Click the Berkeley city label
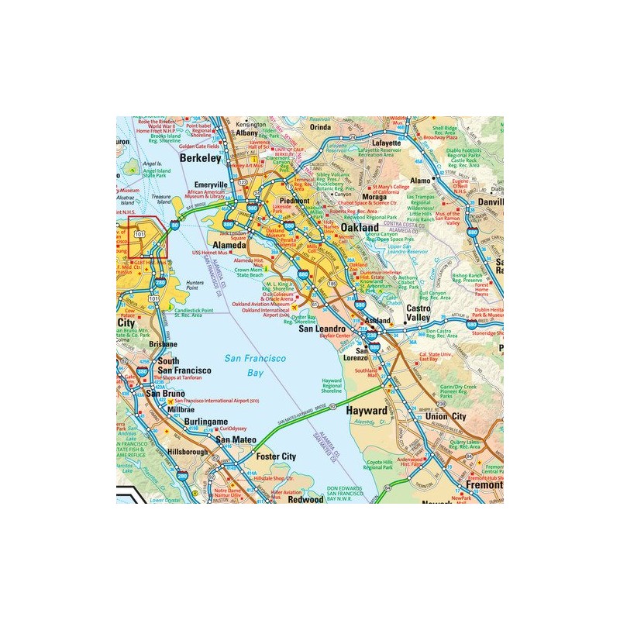(200, 157)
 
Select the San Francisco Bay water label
(255, 365)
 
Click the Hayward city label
(366, 410)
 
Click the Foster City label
(277, 456)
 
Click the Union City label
(446, 417)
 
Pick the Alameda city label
(229, 245)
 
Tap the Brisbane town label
(164, 343)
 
